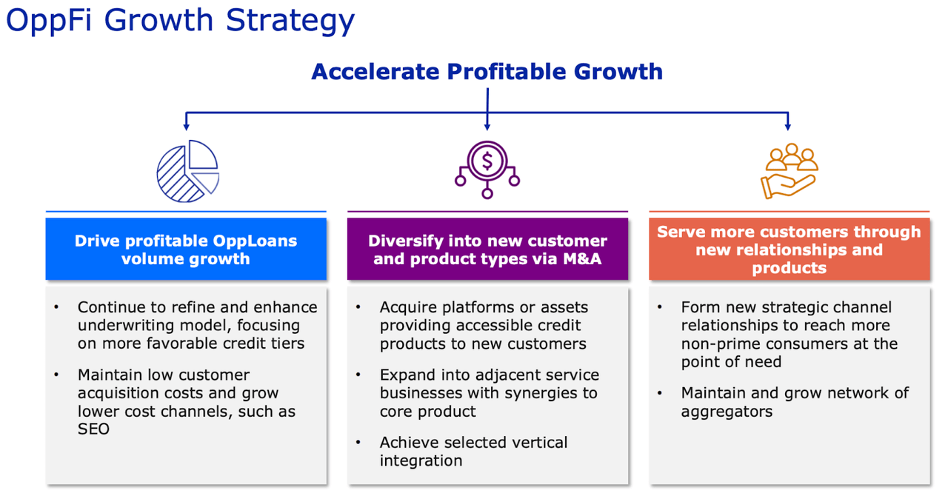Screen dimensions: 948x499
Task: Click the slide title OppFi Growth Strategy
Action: [180, 21]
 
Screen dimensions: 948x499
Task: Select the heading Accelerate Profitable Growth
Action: [487, 72]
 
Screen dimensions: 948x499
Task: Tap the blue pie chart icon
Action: [188, 171]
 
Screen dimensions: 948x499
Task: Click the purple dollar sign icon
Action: [487, 170]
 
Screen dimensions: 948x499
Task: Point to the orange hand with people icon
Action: [790, 171]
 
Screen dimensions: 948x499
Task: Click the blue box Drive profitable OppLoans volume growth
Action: [186, 249]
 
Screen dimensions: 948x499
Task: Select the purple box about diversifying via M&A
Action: [487, 249]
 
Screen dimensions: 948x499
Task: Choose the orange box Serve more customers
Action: [790, 249]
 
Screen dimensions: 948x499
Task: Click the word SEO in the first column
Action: [93, 429]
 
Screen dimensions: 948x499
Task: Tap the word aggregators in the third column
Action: [727, 412]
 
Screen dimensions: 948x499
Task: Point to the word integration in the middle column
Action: [421, 461]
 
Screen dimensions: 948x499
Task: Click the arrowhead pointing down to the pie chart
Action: [186, 127]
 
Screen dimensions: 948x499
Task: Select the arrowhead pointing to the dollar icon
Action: [487, 127]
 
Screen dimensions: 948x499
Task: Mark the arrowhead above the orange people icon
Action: [787, 127]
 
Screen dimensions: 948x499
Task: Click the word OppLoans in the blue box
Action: [255, 241]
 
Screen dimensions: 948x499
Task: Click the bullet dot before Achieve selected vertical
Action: [358, 442]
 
